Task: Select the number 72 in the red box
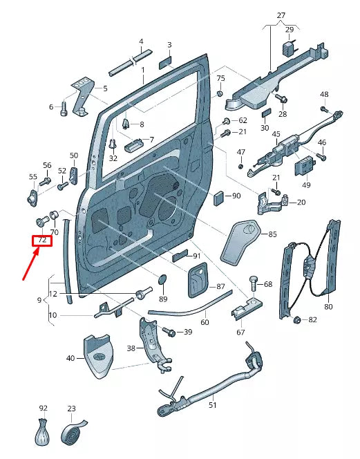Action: (41, 241)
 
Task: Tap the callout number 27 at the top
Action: (281, 15)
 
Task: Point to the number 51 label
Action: (212, 406)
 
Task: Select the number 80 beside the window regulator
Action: (328, 306)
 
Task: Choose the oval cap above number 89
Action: (163, 279)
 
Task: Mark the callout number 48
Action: (324, 95)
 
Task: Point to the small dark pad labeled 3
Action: (166, 63)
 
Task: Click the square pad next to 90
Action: (218, 196)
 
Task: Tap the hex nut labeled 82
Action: (297, 319)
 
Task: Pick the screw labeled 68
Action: (252, 284)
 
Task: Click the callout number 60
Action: (205, 322)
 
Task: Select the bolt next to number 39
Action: (170, 333)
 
